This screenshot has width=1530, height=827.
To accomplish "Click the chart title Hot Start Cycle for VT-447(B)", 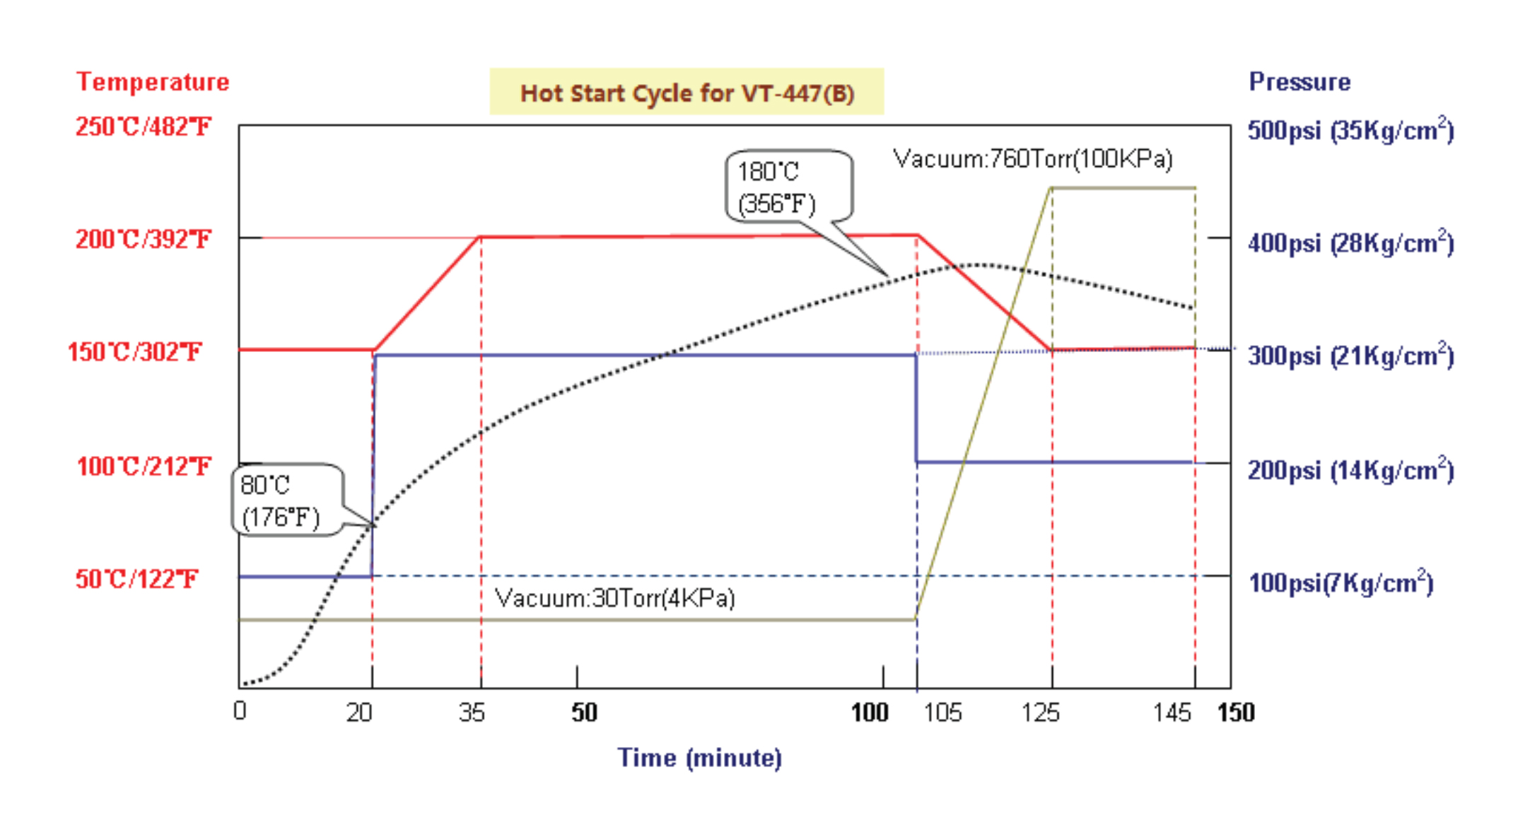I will point(687,93).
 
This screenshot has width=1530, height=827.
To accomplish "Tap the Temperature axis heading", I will point(153,82).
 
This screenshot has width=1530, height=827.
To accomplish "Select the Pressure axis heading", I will point(1300,82).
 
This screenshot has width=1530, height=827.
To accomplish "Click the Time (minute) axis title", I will point(699,758).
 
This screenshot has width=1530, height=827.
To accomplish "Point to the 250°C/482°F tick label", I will point(143,127).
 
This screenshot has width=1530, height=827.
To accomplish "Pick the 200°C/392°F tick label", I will point(143,240).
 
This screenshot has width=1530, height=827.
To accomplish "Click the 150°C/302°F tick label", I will point(134,352).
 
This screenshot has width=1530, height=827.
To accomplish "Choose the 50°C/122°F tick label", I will point(136,580).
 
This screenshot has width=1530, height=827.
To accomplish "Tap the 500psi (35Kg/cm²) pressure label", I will point(1350,131).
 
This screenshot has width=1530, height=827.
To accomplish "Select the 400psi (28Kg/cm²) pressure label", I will point(1350,243).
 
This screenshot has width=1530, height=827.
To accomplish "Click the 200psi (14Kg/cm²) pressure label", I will point(1350,470).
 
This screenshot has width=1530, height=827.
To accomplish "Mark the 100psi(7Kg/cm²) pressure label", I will point(1341,583).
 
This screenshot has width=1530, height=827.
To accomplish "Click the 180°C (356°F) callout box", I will point(788,187).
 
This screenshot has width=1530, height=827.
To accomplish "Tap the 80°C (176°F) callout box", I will point(286,500).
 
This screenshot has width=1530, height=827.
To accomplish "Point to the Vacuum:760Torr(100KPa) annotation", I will point(1032,158).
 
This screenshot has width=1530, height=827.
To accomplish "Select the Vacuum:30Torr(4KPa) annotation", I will point(614,599).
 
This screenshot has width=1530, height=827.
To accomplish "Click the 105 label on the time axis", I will point(942,712).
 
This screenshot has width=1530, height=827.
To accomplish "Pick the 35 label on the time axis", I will point(472,712).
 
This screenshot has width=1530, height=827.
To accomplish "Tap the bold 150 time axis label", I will point(1235,712).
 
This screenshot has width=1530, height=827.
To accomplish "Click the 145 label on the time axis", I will point(1172,712).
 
